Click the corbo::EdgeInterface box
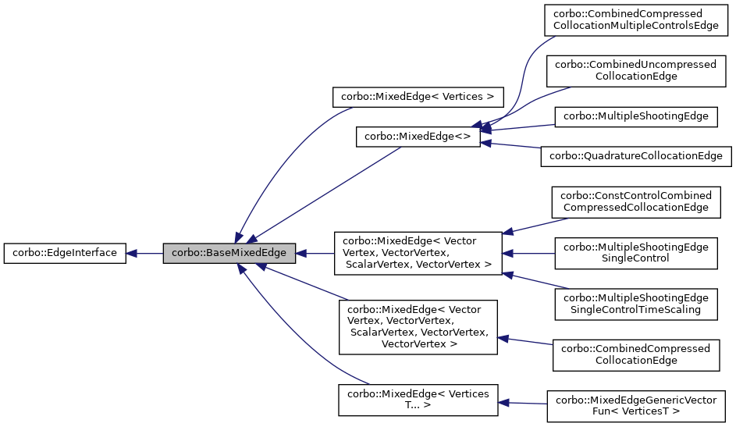[65, 253]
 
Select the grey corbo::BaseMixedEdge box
[229, 253]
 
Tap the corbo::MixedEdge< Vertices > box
[418, 98]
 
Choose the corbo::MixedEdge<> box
[418, 137]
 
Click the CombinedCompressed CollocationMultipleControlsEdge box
[636, 20]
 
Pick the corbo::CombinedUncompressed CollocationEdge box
[636, 70]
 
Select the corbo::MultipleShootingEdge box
[636, 116]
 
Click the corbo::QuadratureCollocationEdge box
[636, 155]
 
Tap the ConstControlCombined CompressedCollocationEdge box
[636, 201]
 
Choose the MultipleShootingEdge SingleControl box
[636, 252]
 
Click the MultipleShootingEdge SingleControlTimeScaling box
[636, 304]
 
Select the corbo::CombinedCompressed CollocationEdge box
[636, 354]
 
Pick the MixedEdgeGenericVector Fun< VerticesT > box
[636, 405]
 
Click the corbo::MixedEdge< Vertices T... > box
[417, 400]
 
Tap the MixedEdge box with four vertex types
[417, 253]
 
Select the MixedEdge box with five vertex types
[417, 327]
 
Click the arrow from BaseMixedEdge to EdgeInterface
[144, 253]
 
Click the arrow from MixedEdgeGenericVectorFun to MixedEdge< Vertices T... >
[523, 403]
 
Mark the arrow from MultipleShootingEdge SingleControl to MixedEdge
[528, 253]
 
